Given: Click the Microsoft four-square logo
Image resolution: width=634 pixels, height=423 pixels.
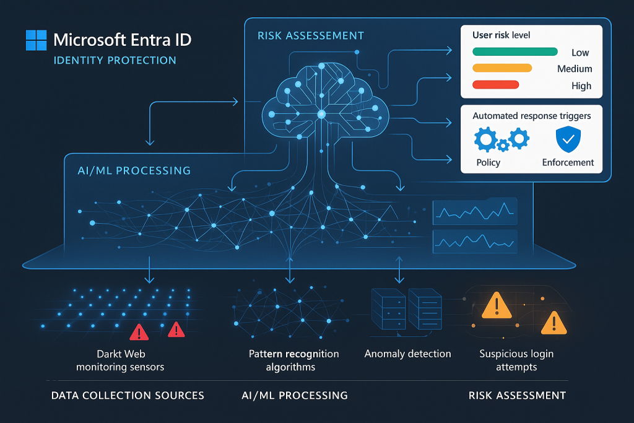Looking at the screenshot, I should [x=36, y=40].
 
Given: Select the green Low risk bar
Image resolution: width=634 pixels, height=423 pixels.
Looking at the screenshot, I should [x=515, y=52].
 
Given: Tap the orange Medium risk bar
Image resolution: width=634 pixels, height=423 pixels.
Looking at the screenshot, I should [x=502, y=68].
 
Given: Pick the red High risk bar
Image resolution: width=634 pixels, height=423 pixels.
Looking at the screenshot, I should [x=495, y=85].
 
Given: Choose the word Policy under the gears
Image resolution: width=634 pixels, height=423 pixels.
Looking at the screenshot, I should [x=489, y=162].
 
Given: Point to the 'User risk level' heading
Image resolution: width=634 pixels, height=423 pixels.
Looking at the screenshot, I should [x=502, y=35].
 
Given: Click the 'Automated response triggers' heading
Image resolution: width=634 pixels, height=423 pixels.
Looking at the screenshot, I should [x=531, y=116].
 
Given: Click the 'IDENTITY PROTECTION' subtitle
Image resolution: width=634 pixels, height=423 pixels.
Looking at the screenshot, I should [x=115, y=61].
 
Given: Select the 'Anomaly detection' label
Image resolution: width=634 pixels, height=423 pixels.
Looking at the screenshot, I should [x=407, y=354].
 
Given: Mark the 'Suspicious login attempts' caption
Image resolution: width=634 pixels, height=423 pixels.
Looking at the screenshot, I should [x=516, y=360].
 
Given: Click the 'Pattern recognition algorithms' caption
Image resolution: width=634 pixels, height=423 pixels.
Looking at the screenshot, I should [x=294, y=360].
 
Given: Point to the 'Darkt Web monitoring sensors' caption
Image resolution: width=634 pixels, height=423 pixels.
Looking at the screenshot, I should [x=120, y=360].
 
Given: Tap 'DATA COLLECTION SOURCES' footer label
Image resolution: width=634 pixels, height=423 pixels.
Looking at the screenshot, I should [x=128, y=395].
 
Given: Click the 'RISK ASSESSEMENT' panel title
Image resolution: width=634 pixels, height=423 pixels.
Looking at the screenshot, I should [x=311, y=36].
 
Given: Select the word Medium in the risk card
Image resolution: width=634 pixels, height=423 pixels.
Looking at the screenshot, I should [x=575, y=69].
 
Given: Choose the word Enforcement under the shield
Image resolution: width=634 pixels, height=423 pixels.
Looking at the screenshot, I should [x=568, y=162].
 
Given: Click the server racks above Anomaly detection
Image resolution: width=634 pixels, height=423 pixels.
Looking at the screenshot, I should [x=406, y=308].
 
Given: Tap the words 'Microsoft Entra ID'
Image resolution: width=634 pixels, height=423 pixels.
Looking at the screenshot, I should [x=123, y=40].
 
